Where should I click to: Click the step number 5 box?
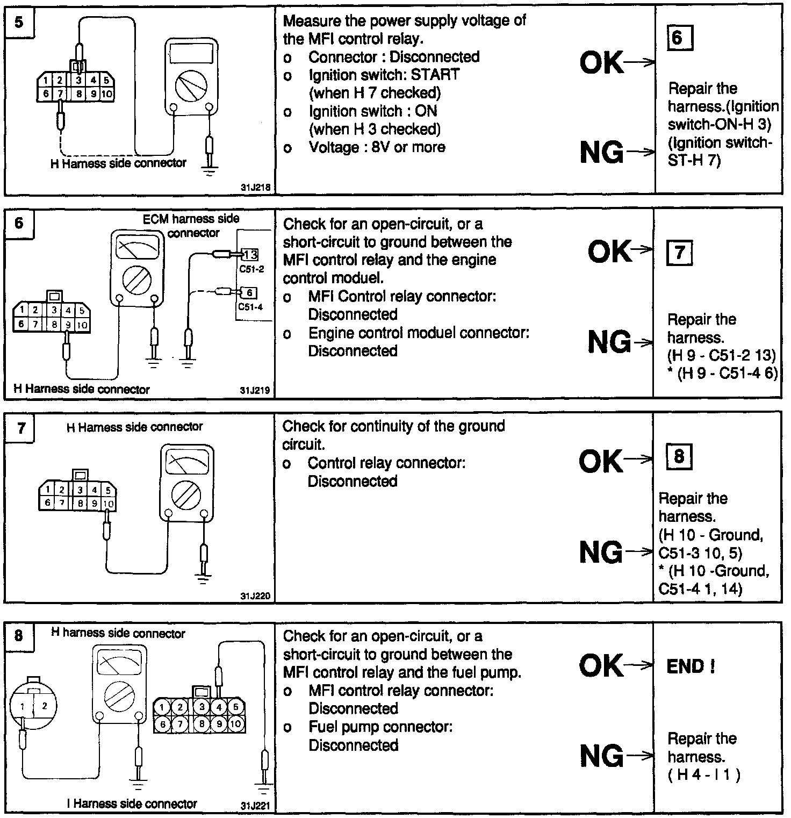[19, 23]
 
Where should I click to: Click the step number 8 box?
[19, 636]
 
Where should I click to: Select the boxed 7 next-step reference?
[679, 253]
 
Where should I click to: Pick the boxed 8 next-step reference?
[679, 457]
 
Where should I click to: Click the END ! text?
[691, 667]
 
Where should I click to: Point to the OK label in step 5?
[602, 62]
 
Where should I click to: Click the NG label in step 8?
[602, 756]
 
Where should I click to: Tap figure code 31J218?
[256, 188]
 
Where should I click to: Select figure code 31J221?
[256, 806]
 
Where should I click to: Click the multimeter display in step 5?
[191, 53]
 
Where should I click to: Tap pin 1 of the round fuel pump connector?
[23, 707]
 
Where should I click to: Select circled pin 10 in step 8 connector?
[235, 723]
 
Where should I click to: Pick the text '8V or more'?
[404, 147]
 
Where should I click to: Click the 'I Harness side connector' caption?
[132, 804]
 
